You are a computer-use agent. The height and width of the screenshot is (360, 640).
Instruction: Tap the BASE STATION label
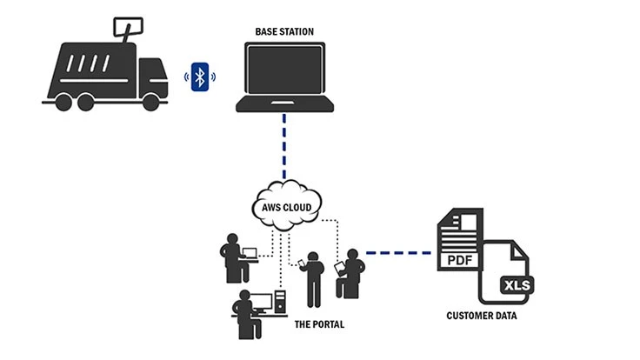coord(284,32)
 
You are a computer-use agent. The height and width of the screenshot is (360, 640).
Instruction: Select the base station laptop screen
coord(284,70)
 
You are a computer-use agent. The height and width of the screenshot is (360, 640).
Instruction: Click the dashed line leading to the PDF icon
coord(399,253)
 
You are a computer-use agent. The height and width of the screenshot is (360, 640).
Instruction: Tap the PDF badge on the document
coord(462,259)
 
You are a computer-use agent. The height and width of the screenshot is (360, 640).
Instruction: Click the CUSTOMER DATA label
coord(481,316)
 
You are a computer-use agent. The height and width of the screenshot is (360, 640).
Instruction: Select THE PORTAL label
coord(320,324)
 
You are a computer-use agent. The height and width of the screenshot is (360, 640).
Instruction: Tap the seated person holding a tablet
coord(352,272)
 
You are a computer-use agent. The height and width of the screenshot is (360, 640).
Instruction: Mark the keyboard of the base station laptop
coord(284,106)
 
